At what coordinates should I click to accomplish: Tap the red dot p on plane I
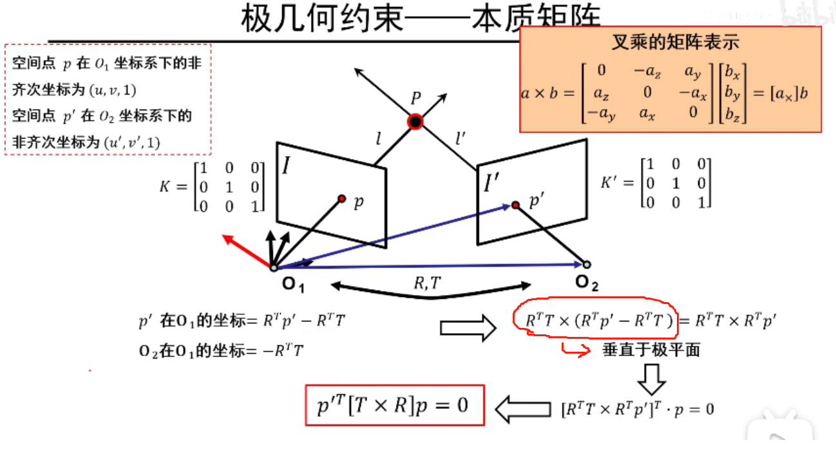tap(342, 198)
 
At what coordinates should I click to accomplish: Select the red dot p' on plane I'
tap(515, 205)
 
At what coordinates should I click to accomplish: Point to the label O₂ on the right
tap(587, 281)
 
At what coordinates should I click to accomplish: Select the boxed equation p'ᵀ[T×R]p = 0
tap(395, 406)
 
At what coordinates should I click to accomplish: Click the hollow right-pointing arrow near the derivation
tap(468, 329)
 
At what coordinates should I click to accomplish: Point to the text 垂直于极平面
tap(651, 350)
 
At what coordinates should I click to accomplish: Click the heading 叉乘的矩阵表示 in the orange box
tap(675, 43)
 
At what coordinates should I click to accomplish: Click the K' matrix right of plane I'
tap(656, 183)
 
